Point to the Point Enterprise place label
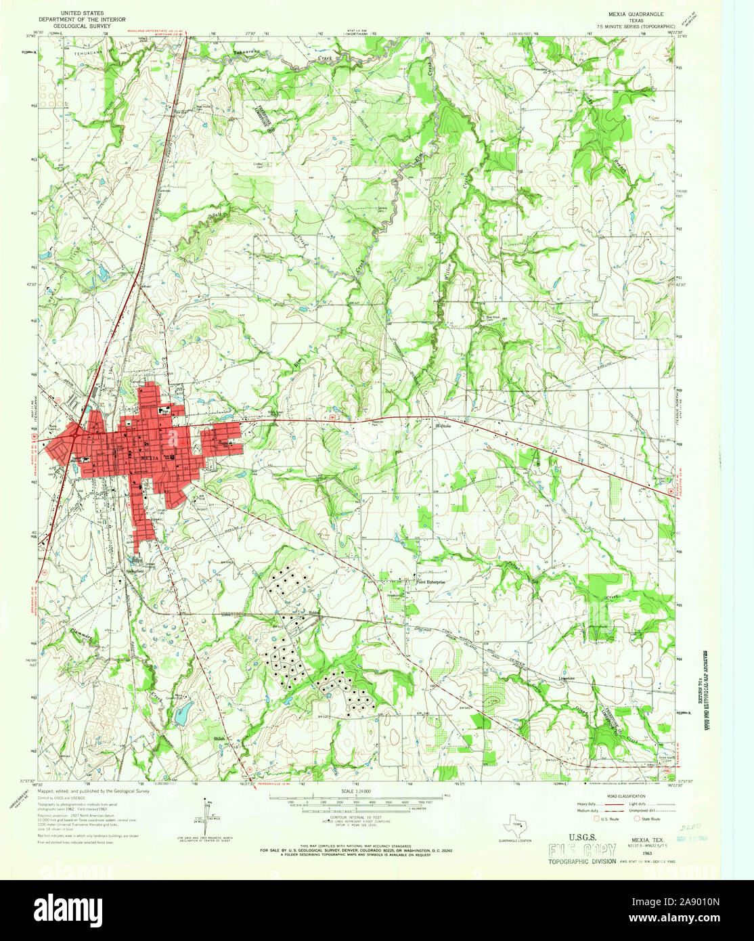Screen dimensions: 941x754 (x=433, y=582)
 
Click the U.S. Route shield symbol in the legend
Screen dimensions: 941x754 (x=594, y=818)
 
